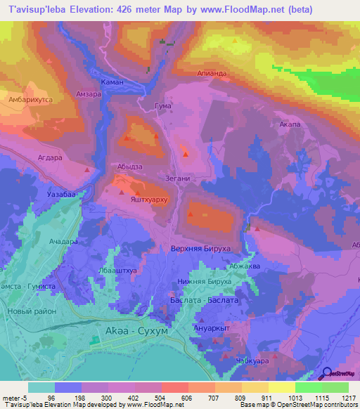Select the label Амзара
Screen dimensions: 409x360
point(89,94)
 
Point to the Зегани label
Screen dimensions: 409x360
point(177,178)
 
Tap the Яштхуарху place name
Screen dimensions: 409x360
point(147,198)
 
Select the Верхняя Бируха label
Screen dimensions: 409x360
point(200,249)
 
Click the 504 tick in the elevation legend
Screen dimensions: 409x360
point(161,398)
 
